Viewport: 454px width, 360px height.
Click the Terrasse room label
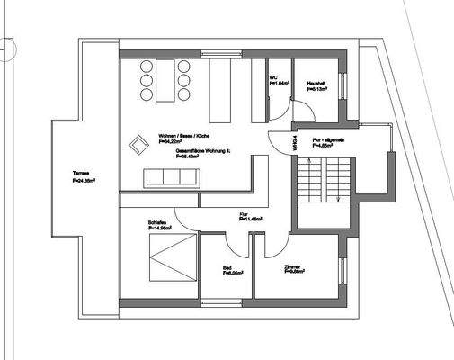pyautogui.click(x=84, y=176)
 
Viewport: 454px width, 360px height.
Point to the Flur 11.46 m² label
pyautogui.click(x=249, y=216)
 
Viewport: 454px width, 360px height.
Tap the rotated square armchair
pyautogui.click(x=139, y=145)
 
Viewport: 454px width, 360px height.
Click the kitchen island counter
pyautogui.click(x=221, y=89)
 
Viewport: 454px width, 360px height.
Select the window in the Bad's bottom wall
pyautogui.click(x=227, y=298)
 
